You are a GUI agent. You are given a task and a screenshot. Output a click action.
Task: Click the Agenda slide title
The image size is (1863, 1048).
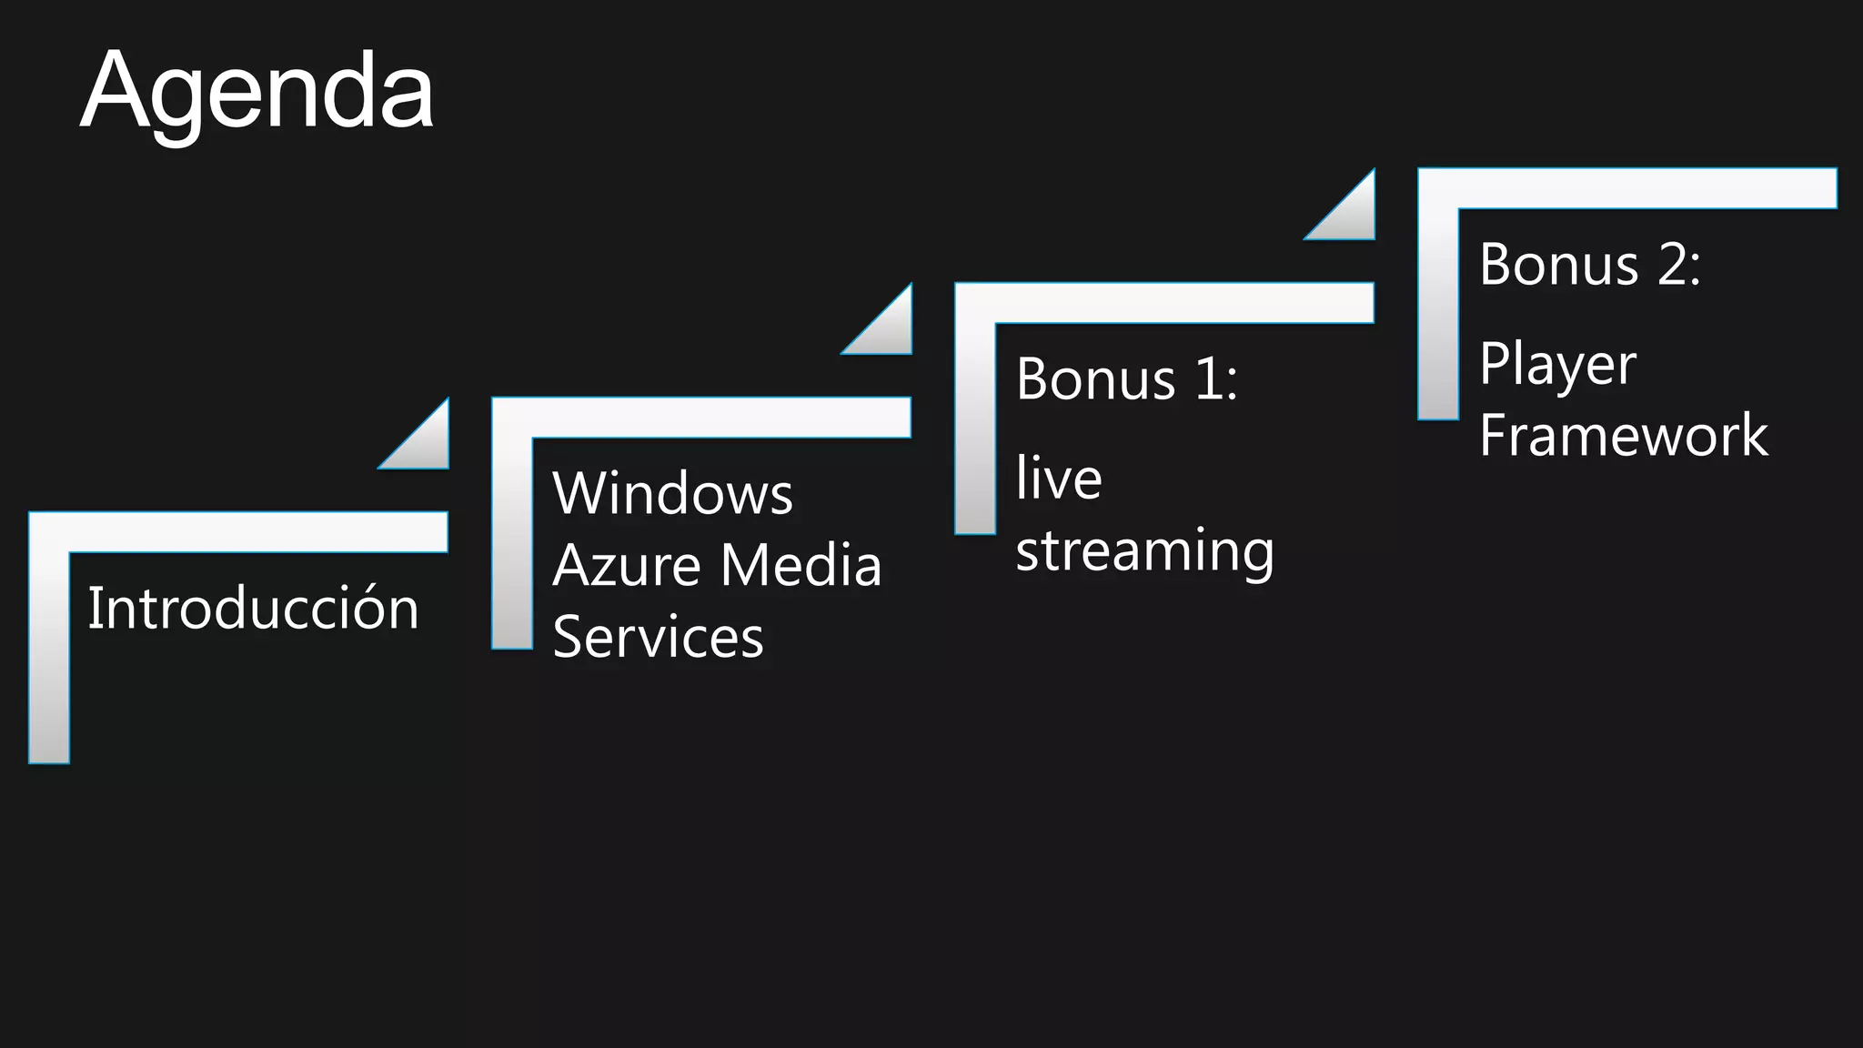[257, 92]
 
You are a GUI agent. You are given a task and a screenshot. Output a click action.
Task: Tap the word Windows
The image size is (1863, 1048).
[672, 494]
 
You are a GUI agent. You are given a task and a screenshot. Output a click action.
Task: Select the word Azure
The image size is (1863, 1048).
[626, 565]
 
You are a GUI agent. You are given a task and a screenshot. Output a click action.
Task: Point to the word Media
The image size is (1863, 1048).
[801, 565]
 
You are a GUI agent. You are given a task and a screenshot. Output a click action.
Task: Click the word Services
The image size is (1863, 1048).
[658, 636]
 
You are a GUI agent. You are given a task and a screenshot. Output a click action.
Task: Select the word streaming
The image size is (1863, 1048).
[1144, 551]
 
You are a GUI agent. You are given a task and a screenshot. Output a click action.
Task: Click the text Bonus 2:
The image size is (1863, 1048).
[1589, 265]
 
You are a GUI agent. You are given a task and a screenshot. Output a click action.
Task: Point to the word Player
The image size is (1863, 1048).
[1557, 365]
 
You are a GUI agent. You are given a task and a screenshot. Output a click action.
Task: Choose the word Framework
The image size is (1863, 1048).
[1624, 435]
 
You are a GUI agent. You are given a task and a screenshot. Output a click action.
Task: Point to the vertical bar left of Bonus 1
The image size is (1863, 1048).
[974, 428]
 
